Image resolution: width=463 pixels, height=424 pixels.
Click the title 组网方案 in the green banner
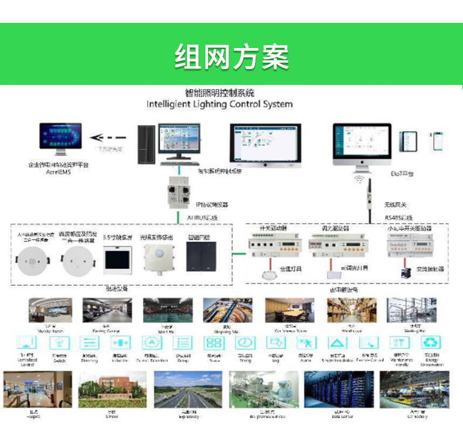[231, 57]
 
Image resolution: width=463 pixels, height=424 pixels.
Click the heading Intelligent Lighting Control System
[219, 104]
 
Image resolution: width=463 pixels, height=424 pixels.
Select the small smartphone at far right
[437, 141]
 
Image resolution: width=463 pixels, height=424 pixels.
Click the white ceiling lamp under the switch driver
[269, 273]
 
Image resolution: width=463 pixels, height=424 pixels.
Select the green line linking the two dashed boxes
[239, 254]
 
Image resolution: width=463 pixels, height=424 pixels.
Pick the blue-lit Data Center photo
[335, 389]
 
